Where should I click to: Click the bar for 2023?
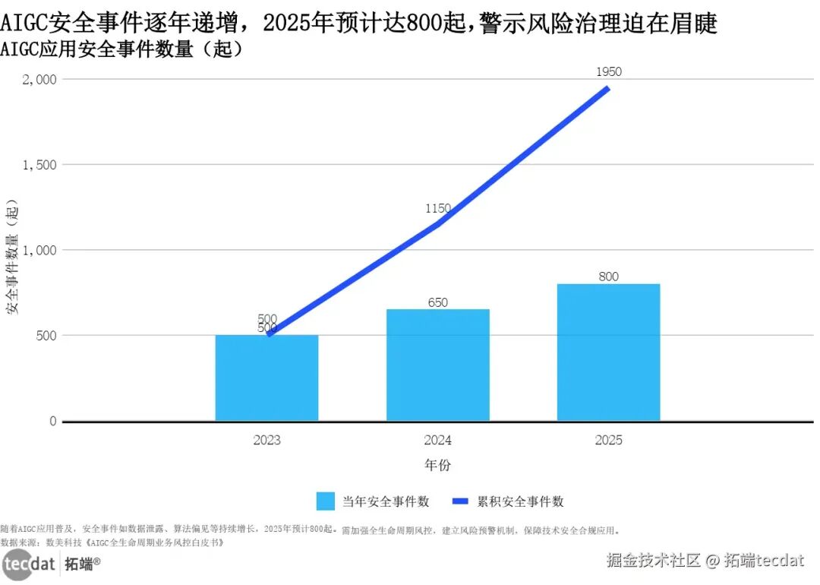[x=266, y=378]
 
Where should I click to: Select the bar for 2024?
[x=437, y=365]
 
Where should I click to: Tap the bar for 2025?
[x=608, y=352]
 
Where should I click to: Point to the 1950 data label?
[x=608, y=72]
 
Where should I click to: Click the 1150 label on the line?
[x=437, y=208]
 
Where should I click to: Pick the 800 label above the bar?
[x=608, y=277]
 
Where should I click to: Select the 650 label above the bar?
[x=437, y=302]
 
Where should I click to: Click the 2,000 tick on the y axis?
[x=39, y=79]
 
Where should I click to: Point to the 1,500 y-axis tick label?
[x=39, y=165]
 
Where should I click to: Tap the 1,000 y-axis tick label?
[x=39, y=250]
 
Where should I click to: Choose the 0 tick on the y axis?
[x=52, y=421]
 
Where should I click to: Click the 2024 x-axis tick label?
[x=437, y=441]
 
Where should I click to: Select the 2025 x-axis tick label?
[x=608, y=441]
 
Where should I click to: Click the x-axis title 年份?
[x=437, y=465]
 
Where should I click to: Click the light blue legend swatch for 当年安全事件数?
[x=325, y=501]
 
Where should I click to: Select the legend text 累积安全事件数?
[x=520, y=501]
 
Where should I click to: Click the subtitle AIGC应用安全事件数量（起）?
[x=121, y=50]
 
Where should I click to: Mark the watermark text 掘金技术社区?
[x=653, y=561]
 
